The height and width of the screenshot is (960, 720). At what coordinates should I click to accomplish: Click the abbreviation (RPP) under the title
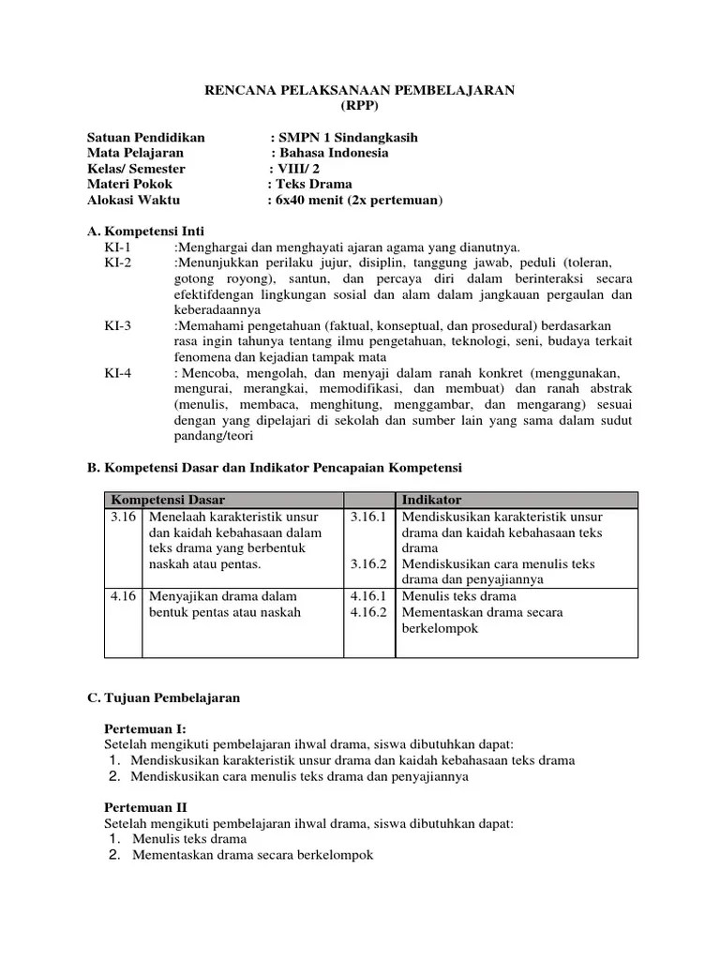(360, 106)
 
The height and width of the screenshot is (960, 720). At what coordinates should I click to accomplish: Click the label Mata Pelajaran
(135, 153)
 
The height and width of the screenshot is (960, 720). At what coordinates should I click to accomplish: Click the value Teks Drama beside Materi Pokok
(312, 185)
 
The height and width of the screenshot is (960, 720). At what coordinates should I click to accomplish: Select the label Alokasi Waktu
(133, 200)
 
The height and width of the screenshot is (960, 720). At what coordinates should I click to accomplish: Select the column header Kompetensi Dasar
(168, 501)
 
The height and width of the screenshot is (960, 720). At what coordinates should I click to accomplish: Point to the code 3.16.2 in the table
(368, 563)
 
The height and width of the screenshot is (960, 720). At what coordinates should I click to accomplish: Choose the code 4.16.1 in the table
(368, 595)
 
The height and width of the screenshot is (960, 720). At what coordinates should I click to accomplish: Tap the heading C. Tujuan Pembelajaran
(163, 697)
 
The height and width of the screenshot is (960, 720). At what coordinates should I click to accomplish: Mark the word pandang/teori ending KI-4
(214, 435)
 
